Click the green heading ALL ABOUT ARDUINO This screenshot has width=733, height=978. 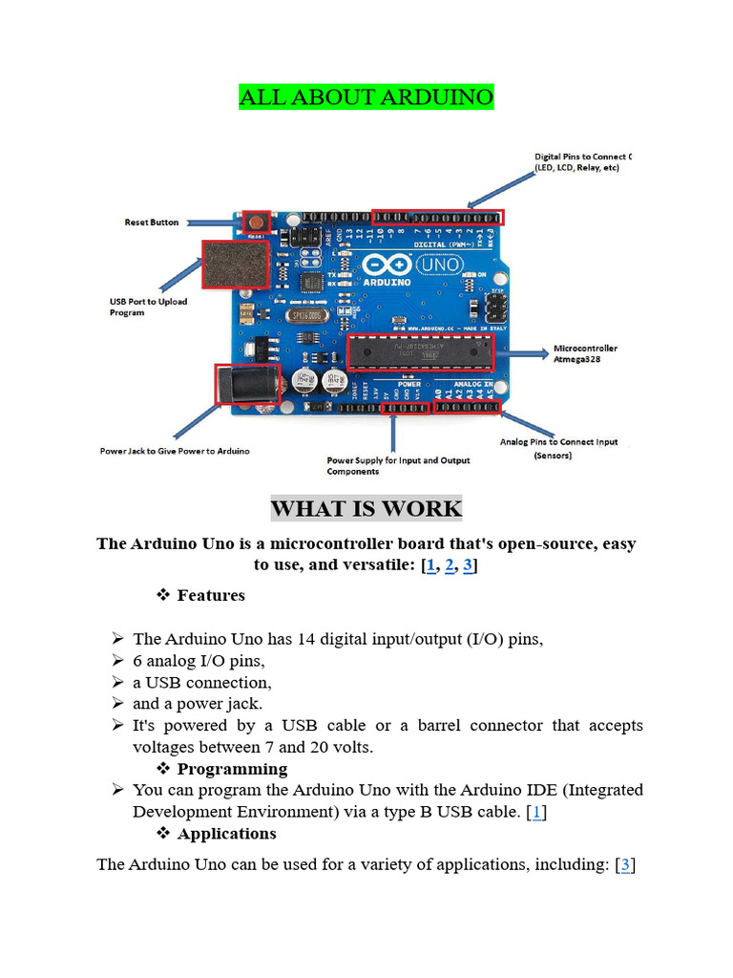[x=366, y=97]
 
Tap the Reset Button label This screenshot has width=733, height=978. [x=151, y=223]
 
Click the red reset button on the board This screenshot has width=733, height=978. [x=255, y=222]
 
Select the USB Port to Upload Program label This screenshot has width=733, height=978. [x=148, y=307]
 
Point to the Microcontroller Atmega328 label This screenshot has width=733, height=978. [x=585, y=354]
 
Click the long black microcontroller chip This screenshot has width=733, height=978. [x=420, y=351]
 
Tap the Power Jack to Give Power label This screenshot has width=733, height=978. [x=175, y=451]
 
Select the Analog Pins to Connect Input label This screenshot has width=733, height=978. [x=558, y=449]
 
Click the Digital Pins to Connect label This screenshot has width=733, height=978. [x=580, y=161]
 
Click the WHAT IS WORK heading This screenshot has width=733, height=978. [x=366, y=509]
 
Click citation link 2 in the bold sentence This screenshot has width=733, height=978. [x=449, y=565]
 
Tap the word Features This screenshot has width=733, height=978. [x=211, y=596]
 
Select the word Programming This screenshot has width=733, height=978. [x=232, y=769]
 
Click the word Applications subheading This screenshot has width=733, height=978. [x=226, y=834]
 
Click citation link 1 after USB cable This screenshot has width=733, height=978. [x=537, y=812]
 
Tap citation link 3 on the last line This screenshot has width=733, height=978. [x=625, y=865]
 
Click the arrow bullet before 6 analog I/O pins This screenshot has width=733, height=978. [x=117, y=661]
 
